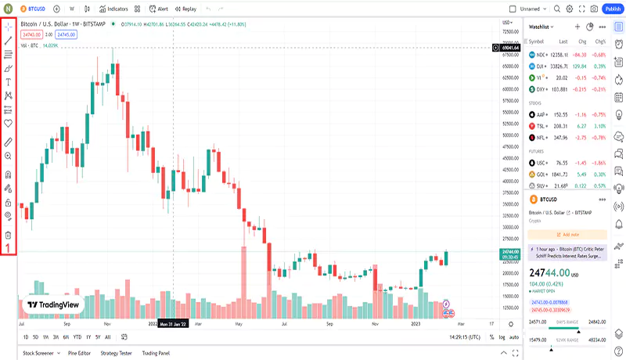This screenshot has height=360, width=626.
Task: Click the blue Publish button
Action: pyautogui.click(x=612, y=9)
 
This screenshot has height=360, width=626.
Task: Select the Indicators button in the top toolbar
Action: pyautogui.click(x=114, y=9)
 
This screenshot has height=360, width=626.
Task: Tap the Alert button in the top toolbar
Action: pyautogui.click(x=159, y=9)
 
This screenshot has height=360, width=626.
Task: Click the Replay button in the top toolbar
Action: pyautogui.click(x=186, y=9)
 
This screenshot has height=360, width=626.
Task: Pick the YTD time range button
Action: pyautogui.click(x=77, y=337)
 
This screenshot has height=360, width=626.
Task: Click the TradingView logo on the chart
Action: pyautogui.click(x=53, y=305)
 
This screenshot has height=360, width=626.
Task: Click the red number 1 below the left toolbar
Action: pyautogui.click(x=9, y=249)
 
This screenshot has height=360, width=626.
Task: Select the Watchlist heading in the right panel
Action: pyautogui.click(x=542, y=27)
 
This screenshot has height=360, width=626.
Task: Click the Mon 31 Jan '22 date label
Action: pyautogui.click(x=172, y=323)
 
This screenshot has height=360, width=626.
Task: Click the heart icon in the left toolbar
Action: pyautogui.click(x=9, y=124)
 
